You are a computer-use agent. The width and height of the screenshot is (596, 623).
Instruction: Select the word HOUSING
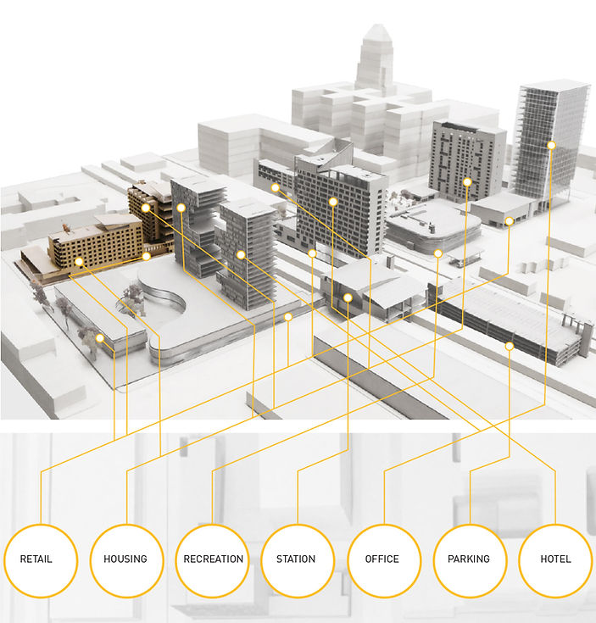[125, 559]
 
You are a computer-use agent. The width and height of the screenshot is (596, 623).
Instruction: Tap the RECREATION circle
[213, 559]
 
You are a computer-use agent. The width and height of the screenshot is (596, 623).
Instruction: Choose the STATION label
[297, 559]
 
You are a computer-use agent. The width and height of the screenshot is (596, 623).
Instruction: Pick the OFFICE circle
[382, 559]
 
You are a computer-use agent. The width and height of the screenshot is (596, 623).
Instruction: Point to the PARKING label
[469, 559]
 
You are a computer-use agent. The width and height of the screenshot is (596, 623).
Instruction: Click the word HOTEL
[554, 559]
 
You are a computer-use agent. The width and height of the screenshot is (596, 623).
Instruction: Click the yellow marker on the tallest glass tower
[551, 145]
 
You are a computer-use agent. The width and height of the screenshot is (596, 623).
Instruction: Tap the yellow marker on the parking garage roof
[510, 346]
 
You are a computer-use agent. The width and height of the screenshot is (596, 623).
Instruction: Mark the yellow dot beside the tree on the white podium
[100, 337]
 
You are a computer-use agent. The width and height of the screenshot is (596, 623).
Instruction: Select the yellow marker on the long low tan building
[79, 261]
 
